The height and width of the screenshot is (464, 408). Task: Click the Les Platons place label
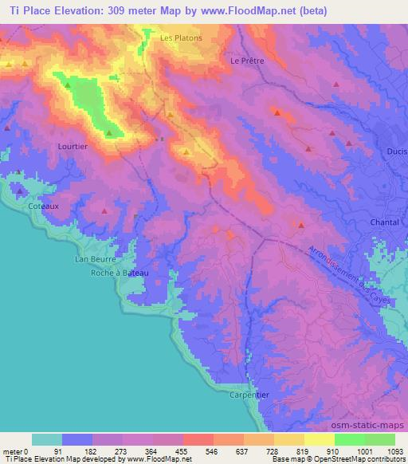[181, 37]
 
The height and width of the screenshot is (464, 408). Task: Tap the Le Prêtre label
[246, 61]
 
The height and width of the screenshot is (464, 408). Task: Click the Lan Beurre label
[96, 259]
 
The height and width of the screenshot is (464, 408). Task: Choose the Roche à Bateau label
[120, 273]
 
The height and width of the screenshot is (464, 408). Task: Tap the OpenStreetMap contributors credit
[366, 459]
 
